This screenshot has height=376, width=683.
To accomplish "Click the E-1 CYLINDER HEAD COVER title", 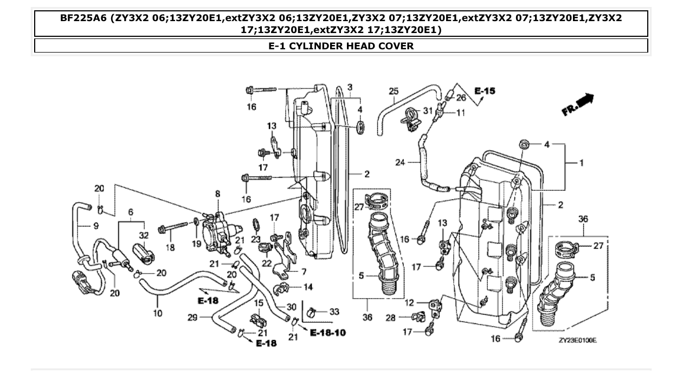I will pos(341,46).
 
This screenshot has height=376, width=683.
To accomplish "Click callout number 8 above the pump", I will pos(217,193).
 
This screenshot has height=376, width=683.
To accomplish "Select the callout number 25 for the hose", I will pos(394,91).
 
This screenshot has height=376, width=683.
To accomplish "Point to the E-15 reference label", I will pos(485,91).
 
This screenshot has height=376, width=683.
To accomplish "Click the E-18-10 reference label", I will pos(328,332).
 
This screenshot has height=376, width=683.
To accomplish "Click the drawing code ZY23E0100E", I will pos(578,341).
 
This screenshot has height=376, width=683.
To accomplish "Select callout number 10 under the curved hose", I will pos(158,314).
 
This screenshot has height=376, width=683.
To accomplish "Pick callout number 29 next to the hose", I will pos(192,317).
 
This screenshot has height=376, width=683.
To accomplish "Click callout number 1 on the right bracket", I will pos(582,163).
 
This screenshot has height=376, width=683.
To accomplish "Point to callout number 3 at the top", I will pos(350,87).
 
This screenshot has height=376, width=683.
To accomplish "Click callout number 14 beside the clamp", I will pos(308,287).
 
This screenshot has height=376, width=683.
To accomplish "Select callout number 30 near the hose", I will pos(291,306).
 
